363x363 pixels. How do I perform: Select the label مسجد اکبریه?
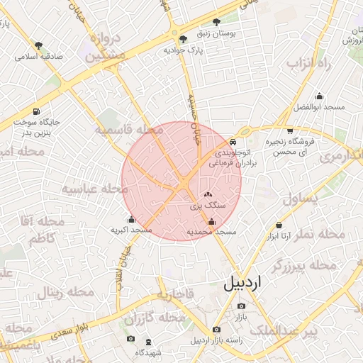(x=131, y=230)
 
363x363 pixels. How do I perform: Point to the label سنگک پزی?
(x=208, y=204)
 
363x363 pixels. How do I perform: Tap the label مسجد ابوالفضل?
(x=318, y=106)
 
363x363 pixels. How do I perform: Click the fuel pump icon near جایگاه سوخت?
(x=36, y=111)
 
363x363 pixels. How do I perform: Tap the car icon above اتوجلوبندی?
(x=233, y=142)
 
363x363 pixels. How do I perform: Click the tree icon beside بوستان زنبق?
(x=235, y=21)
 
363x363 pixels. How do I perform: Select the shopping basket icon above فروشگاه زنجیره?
(x=290, y=130)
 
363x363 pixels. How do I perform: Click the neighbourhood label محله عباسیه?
(x=94, y=189)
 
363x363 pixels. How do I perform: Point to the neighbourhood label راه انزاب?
(x=309, y=65)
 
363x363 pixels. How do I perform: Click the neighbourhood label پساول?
(x=301, y=199)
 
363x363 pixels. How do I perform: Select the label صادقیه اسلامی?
(x=40, y=55)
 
